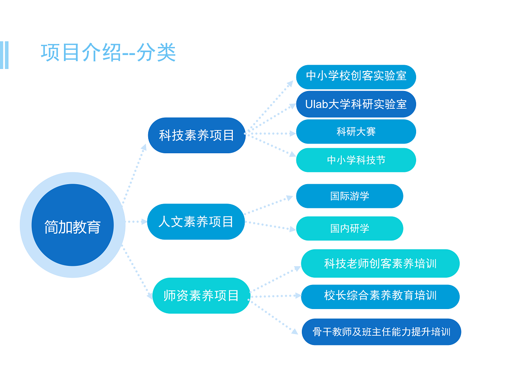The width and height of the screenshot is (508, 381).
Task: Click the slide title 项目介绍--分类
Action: tap(108, 52)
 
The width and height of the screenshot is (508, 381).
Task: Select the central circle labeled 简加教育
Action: tap(72, 225)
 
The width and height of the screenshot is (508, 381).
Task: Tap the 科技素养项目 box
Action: tap(196, 135)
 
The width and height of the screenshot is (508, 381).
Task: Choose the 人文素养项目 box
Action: tap(196, 221)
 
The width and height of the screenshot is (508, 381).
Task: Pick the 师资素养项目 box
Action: tap(201, 295)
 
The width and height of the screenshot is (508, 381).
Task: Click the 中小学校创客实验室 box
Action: tap(356, 77)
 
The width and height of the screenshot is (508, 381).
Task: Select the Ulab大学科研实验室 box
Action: tap(356, 104)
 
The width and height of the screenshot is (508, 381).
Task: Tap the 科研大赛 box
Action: tap(356, 132)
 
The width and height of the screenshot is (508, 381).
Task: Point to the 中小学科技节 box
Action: tap(356, 160)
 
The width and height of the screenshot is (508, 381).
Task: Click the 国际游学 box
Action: tap(350, 196)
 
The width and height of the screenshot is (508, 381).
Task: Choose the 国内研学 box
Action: tap(350, 229)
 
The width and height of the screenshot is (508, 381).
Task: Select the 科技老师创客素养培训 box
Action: tap(380, 263)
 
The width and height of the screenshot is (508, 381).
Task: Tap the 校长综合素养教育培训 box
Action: tap(380, 297)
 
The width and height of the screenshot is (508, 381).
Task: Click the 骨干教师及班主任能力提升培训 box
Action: tap(381, 332)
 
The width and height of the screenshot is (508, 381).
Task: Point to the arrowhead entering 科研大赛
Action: tap(293, 133)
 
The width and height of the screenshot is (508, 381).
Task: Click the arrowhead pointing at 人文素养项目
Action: tap(144, 221)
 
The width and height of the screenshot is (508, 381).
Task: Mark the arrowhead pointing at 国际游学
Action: tap(290, 198)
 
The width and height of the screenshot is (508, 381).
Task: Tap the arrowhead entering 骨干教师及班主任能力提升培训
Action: tap(295, 332)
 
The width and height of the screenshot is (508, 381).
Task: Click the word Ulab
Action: tap(317, 104)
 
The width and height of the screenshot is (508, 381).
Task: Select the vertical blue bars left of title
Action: tap(4, 55)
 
